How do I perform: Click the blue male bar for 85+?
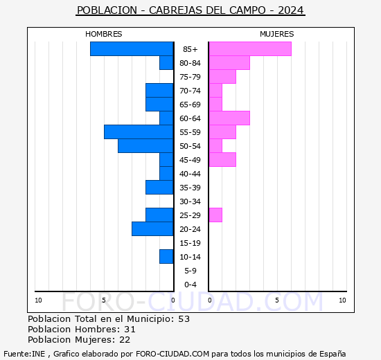[x=132, y=49]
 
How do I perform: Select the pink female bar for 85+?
[x=250, y=49]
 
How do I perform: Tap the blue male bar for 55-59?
[x=139, y=132]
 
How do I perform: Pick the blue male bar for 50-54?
[x=145, y=146]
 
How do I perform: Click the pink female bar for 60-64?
[x=229, y=118]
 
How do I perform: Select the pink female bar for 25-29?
[x=215, y=215]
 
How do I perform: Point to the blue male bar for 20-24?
[x=152, y=229]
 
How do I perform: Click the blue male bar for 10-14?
[x=166, y=257]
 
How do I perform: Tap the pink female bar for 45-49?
[x=222, y=160]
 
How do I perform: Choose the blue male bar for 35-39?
[x=159, y=188]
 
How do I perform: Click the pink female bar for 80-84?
[x=229, y=63]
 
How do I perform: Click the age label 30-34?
[x=190, y=201]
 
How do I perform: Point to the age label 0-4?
[x=190, y=285]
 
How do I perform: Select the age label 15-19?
[x=190, y=243]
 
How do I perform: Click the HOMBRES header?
[x=104, y=34]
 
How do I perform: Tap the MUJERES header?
[x=276, y=34]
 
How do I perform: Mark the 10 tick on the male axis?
[x=38, y=300]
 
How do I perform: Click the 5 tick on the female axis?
[x=276, y=300]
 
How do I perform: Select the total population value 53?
[x=184, y=319]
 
